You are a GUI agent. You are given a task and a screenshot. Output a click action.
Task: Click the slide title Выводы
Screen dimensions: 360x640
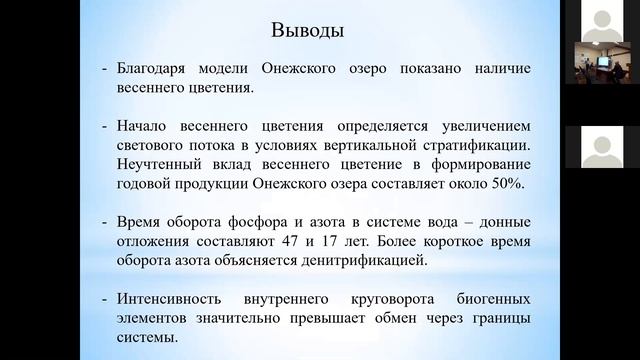click(x=308, y=30)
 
